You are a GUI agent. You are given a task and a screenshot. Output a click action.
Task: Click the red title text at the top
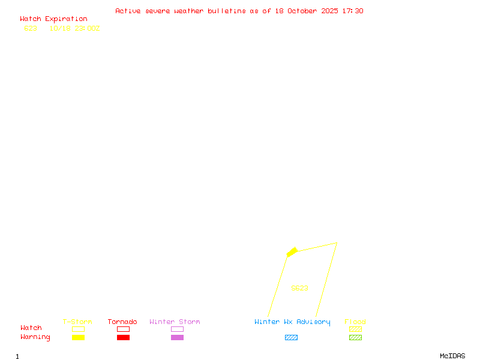click(x=239, y=11)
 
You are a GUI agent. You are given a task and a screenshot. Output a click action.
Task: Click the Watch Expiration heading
click(x=53, y=19)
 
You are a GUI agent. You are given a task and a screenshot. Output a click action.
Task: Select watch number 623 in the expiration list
click(x=31, y=28)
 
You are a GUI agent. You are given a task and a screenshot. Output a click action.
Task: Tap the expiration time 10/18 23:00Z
click(x=74, y=28)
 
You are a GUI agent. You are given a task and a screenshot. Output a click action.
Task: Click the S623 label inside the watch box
click(x=299, y=288)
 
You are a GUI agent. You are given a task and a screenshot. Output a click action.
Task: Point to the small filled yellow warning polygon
click(x=292, y=252)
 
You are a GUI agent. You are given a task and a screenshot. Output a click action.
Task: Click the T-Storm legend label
click(x=77, y=322)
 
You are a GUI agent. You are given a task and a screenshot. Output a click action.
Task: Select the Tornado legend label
click(x=122, y=322)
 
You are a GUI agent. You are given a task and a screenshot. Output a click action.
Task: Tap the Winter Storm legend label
click(x=175, y=322)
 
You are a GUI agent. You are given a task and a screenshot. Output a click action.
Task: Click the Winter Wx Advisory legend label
click(x=292, y=322)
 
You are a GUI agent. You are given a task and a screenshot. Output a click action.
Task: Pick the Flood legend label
click(x=355, y=322)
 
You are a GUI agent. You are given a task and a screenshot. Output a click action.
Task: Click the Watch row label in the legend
click(x=31, y=328)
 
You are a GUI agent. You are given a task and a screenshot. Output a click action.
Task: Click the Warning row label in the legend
click(x=35, y=337)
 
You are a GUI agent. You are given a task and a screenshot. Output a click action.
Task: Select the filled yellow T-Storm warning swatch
click(x=78, y=338)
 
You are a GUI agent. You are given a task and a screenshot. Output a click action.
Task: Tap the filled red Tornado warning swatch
click(x=123, y=338)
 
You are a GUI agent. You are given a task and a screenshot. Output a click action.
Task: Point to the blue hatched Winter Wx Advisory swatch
click(x=291, y=338)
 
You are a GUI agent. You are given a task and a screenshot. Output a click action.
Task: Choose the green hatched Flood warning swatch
click(x=355, y=338)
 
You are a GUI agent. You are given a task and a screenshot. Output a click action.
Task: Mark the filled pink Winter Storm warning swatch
click(x=177, y=338)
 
